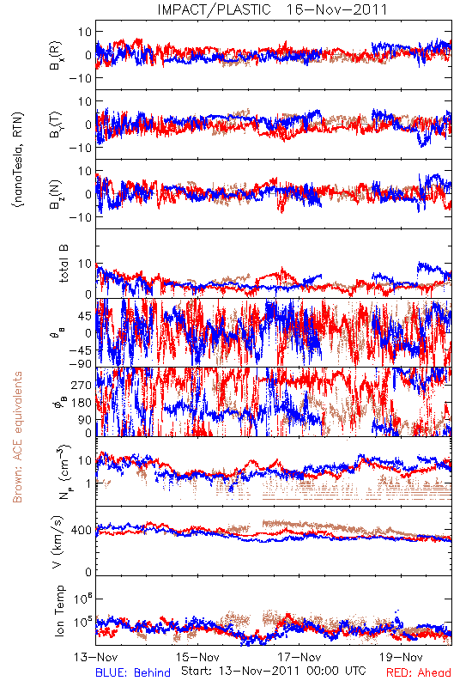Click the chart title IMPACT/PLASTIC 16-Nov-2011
click(x=272, y=9)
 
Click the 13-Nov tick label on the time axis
click(x=96, y=657)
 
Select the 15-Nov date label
click(x=197, y=657)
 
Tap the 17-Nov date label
click(x=300, y=657)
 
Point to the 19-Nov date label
click(x=401, y=657)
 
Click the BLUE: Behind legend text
click(x=133, y=672)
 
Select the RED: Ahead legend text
click(x=419, y=672)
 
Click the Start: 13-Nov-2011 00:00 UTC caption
click(x=274, y=671)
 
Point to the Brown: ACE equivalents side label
click(x=17, y=437)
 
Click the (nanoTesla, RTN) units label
click(x=18, y=160)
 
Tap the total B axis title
click(x=64, y=264)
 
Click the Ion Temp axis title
click(x=59, y=611)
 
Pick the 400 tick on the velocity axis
click(x=82, y=531)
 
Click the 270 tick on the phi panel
click(x=82, y=385)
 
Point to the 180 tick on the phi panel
click(x=82, y=403)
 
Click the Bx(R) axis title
click(x=56, y=55)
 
